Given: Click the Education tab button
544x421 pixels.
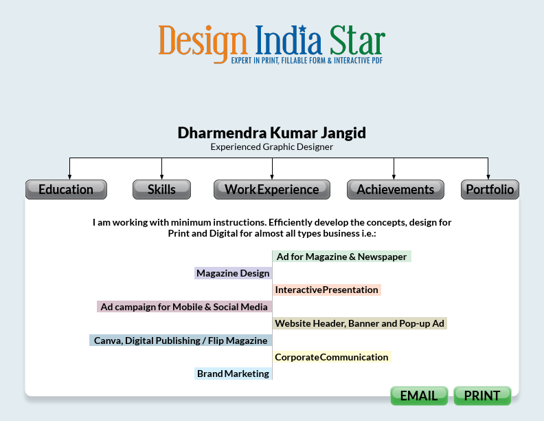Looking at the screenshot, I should coord(66,189).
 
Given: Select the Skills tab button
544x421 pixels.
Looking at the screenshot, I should coord(161,189).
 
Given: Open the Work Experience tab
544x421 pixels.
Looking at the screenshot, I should coord(272,189).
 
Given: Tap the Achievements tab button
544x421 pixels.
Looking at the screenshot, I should coord(395,189).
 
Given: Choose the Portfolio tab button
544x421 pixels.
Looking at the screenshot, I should coord(490,189).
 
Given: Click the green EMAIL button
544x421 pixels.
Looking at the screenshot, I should coord(419,396).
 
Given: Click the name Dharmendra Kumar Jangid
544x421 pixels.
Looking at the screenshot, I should coord(272,132).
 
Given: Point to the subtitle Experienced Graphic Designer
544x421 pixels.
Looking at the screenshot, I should coord(272,147).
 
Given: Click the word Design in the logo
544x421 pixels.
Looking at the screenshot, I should coord(202,41).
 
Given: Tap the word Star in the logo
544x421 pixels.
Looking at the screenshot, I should coord(356,41).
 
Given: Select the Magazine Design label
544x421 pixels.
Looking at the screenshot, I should coord(233,273).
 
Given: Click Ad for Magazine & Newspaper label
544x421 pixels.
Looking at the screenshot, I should coord(342,257).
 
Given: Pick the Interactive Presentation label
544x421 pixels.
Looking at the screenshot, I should coord(327,290).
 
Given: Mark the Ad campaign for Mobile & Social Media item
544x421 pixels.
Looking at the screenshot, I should coord(184,307).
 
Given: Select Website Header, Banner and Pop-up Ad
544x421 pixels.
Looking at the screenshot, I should coord(360,323).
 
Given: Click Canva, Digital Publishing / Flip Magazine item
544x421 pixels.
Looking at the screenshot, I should coord(181,340).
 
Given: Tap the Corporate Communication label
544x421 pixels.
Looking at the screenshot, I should coord(332,357).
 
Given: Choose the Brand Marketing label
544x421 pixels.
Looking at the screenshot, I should coord(233,374).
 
